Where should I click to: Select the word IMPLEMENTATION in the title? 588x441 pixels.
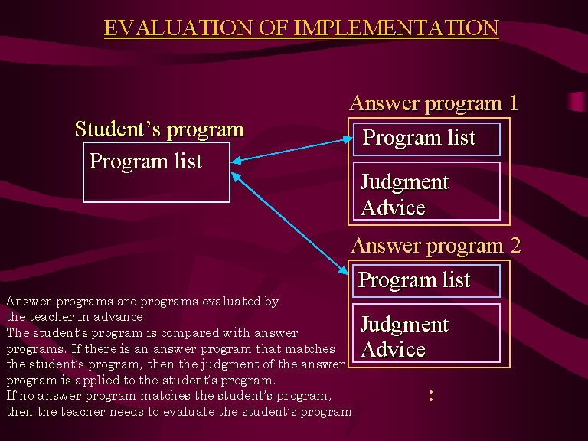click(x=396, y=28)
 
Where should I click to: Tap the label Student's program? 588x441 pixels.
click(x=160, y=129)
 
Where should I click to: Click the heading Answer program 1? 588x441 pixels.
click(x=434, y=103)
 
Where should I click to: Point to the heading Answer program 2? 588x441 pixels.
click(x=436, y=246)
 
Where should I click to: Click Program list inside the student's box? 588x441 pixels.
click(x=145, y=162)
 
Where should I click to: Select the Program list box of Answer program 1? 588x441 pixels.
click(x=426, y=139)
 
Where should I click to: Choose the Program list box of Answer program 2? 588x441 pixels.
click(x=426, y=281)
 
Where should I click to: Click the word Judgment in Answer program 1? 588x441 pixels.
click(x=404, y=183)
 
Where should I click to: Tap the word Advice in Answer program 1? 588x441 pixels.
click(x=393, y=207)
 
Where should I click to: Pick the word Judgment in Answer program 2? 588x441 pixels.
click(x=404, y=325)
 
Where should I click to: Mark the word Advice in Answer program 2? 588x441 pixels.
click(x=393, y=349)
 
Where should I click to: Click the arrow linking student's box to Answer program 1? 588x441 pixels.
click(x=292, y=150)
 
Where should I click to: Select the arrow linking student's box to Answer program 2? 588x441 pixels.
click(x=289, y=224)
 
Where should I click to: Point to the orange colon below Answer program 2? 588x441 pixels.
click(x=431, y=396)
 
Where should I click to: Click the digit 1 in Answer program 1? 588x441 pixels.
click(x=514, y=103)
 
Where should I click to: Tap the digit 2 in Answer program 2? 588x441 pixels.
click(x=515, y=246)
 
